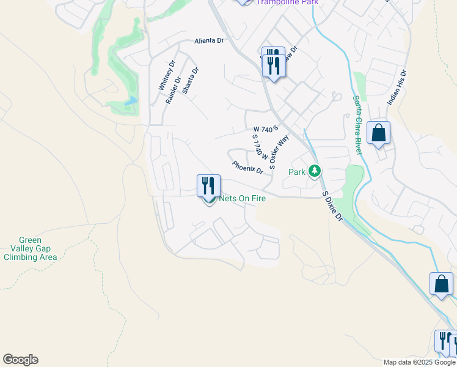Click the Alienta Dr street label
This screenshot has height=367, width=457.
pos(209,41)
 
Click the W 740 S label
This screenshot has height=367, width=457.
pos(265,129)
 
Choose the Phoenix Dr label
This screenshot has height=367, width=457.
pos(247,166)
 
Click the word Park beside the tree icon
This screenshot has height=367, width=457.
pos(296,172)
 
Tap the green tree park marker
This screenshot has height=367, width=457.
pos(315,171)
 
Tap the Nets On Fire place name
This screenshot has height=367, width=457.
pos(238,198)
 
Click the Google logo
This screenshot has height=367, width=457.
pos(20,360)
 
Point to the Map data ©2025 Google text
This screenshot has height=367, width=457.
pos(419,362)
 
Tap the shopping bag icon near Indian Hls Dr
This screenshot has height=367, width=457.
pos(379,133)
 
